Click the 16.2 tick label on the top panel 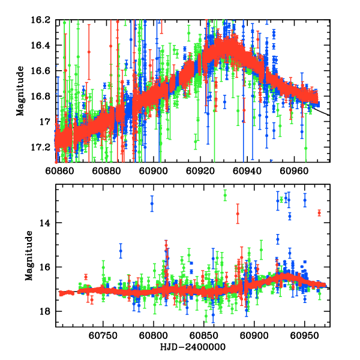(x=41, y=20)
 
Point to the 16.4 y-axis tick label (x=41, y=46)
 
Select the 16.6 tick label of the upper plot (x=41, y=71)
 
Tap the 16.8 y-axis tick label (x=41, y=96)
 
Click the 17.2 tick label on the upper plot (x=41, y=147)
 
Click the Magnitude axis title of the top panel (x=20, y=90)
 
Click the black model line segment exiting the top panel (x=322, y=111)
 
